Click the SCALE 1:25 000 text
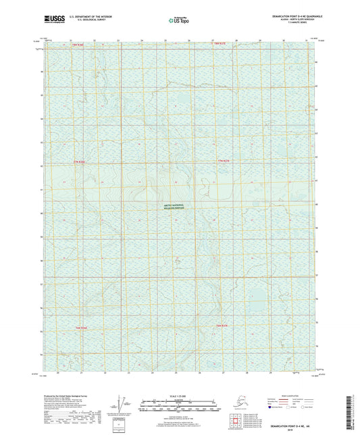178,395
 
